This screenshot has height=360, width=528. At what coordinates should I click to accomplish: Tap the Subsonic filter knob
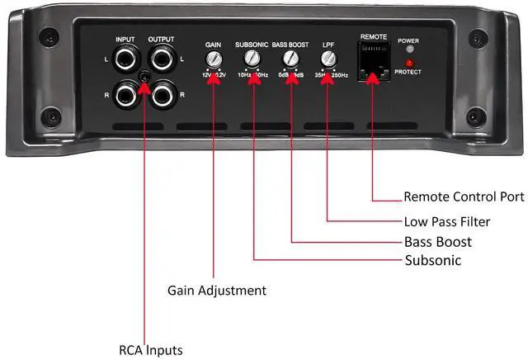coord(252,59)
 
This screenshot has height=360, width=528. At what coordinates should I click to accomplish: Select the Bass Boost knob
coord(290,59)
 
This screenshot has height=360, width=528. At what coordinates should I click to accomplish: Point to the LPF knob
coord(328,59)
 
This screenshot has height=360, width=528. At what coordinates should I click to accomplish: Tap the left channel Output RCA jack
coord(161,60)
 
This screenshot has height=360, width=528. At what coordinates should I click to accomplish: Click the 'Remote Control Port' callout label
coord(464,197)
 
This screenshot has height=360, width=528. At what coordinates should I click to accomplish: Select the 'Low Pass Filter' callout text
coord(447,221)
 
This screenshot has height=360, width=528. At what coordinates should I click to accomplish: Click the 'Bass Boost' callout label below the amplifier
coord(438,241)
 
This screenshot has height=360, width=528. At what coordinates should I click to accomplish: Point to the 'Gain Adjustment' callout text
coord(217,291)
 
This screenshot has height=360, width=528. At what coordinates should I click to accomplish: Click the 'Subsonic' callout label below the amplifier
coord(432,261)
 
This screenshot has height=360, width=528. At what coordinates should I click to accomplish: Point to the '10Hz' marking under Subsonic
coord(244,75)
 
